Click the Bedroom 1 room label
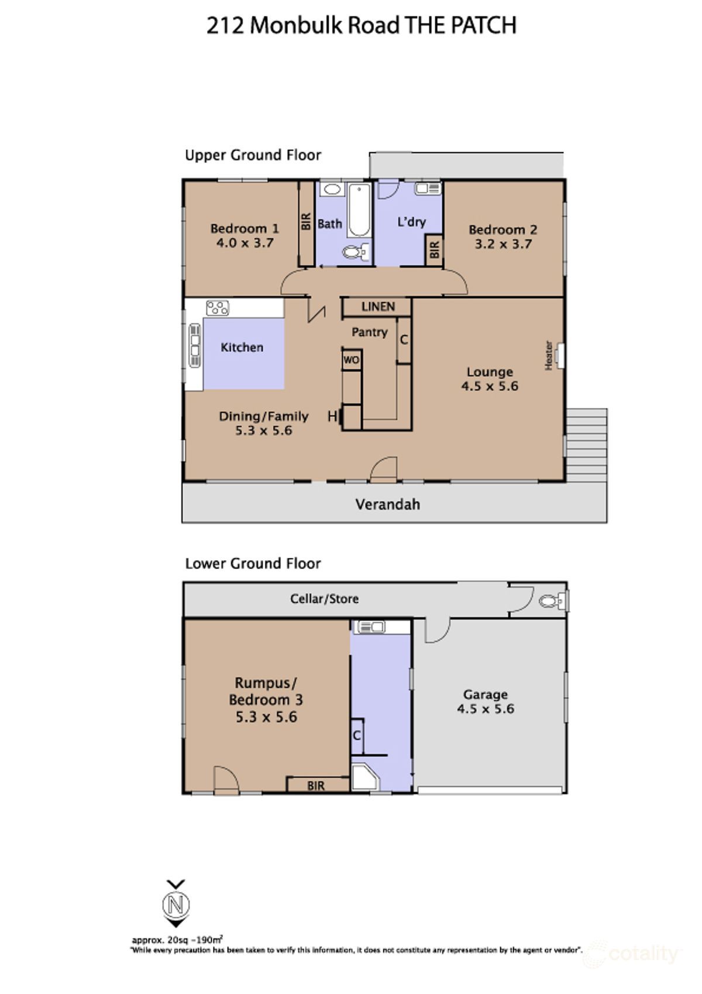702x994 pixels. (245, 228)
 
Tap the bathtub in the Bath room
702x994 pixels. (359, 210)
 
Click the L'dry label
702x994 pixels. (411, 222)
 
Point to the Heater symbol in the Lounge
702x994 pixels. (559, 355)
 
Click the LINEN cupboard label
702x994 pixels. (378, 307)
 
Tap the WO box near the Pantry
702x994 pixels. (351, 360)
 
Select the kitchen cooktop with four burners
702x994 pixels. (218, 308)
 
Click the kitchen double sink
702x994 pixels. (195, 345)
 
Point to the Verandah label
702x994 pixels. (388, 505)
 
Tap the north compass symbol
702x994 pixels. (176, 904)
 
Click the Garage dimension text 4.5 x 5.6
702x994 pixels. (486, 709)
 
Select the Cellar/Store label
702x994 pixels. (324, 599)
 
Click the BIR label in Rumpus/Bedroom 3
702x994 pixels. (316, 786)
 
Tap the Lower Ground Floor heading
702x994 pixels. (253, 564)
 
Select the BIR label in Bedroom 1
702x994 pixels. (306, 222)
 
